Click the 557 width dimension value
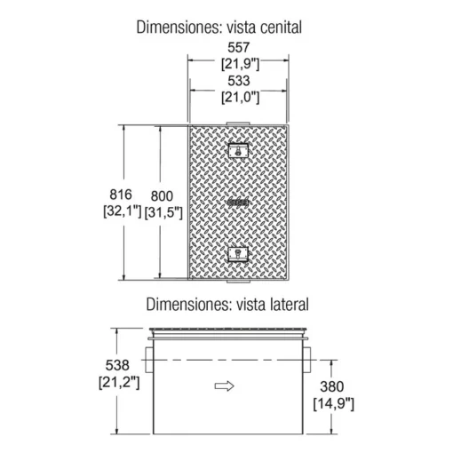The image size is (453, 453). [239, 47]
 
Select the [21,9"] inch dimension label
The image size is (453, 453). [240, 64]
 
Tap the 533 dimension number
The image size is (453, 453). [239, 81]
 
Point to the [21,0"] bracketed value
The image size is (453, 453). [240, 98]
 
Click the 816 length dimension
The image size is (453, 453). [121, 195]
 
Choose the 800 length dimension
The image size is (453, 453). [162, 196]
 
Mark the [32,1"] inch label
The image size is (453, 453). [123, 211]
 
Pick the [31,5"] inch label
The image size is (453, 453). [163, 213]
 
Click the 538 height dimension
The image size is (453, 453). [117, 365]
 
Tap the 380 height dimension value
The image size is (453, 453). [332, 386]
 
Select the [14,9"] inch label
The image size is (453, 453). [334, 403]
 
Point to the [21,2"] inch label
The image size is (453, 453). [119, 382]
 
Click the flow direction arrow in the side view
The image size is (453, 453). [225, 386]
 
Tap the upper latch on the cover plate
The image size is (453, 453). [238, 151]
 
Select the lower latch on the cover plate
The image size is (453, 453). [238, 254]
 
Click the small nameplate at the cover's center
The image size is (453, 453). [239, 203]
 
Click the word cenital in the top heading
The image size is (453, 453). [281, 28]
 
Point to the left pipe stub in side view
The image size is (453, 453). [149, 360]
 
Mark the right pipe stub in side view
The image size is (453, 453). [307, 360]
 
